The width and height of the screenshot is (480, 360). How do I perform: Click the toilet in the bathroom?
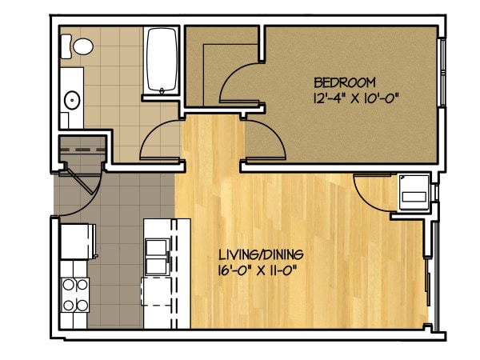click(x=79, y=46)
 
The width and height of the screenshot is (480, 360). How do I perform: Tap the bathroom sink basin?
click(x=72, y=101)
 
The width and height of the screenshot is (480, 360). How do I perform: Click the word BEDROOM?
click(x=345, y=82)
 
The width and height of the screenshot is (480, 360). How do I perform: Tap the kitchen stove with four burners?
click(x=75, y=294)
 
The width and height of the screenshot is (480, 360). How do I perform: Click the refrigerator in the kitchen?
click(x=78, y=240)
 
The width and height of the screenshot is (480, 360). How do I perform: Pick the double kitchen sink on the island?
click(x=157, y=255)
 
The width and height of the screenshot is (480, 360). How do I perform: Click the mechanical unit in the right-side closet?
click(x=415, y=190)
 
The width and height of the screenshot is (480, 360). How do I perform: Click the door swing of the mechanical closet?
click(x=372, y=192)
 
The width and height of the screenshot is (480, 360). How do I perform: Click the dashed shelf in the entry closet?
click(x=82, y=149)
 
